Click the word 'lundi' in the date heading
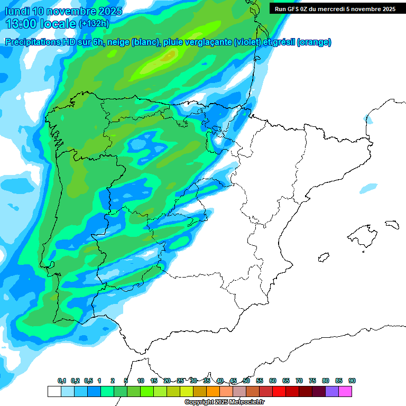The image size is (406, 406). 17,11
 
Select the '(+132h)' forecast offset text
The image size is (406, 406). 95,24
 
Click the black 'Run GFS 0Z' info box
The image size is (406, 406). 335,8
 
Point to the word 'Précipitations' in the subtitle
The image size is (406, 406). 31,42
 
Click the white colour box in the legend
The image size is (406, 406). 54,391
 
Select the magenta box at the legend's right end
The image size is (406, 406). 345,391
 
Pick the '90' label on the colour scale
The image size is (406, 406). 352,381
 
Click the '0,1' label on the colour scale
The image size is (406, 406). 62,381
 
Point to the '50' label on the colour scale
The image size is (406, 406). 246,381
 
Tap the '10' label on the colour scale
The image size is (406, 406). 141,381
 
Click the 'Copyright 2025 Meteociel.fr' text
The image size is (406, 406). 224,402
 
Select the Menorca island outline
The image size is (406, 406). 391,224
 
